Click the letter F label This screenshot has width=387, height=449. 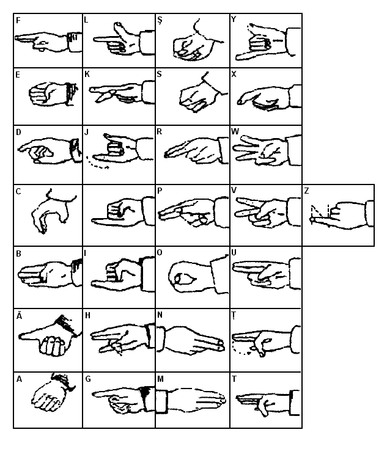point(18,21)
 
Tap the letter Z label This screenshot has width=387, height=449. point(306,191)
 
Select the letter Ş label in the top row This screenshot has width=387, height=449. point(160,20)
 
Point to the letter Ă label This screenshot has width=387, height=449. point(19,316)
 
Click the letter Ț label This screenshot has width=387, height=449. point(234,316)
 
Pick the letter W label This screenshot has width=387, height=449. point(235,131)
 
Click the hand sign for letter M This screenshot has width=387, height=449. point(191,400)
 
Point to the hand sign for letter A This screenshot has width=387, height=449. point(52,392)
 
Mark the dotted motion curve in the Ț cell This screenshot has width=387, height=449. point(240,349)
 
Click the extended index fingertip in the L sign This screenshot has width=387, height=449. point(95,40)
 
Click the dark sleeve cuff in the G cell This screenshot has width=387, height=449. point(146,398)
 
